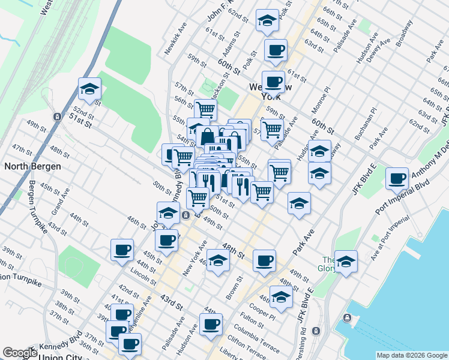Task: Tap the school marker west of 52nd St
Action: coord(89,90)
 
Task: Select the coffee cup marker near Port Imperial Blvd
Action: coord(397,179)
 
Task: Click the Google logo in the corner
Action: coord(20,353)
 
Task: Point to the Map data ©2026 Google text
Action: coord(411,355)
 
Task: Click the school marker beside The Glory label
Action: coord(346,262)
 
